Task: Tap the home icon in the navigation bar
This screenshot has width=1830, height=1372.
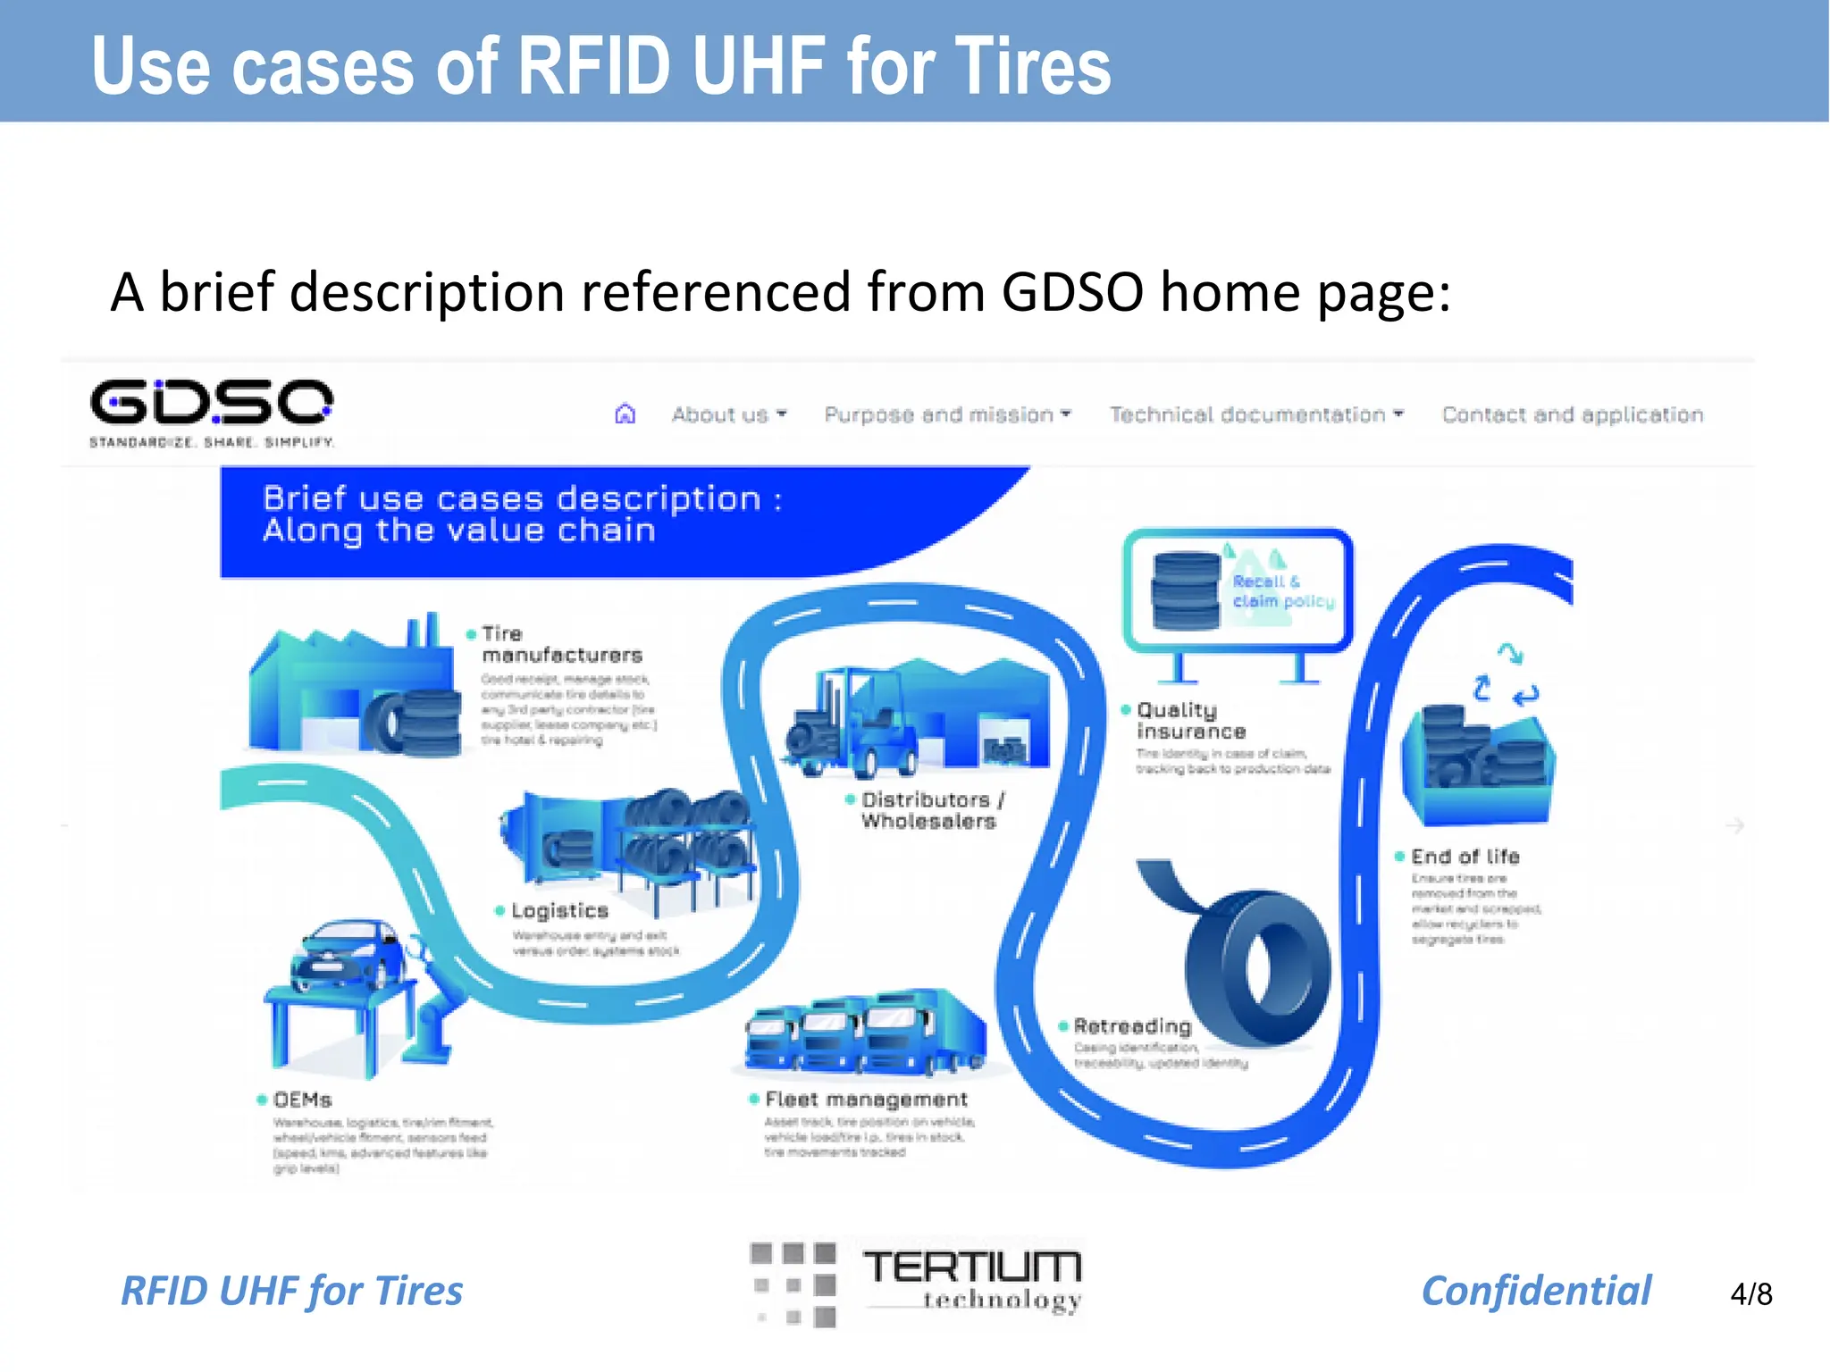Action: (625, 414)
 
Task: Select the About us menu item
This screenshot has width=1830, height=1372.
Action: (728, 415)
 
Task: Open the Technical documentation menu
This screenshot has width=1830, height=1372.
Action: (1255, 415)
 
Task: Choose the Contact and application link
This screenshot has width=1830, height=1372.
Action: (1573, 415)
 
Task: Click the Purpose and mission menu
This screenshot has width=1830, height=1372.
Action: (946, 415)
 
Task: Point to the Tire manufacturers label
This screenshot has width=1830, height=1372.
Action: (561, 644)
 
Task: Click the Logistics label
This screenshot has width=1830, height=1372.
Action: (559, 911)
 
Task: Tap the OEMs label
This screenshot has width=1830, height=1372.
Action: (302, 1100)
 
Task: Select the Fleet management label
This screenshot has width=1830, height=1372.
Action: (865, 1100)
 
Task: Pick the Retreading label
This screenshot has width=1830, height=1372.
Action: (1132, 1026)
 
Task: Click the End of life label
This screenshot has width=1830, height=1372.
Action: (1465, 857)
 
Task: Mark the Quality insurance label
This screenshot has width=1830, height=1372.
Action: (1190, 721)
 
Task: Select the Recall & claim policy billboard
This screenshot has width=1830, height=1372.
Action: (1238, 590)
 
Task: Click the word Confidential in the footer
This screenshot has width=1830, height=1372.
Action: (1536, 1292)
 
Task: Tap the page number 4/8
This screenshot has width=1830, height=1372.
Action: (1750, 1294)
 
